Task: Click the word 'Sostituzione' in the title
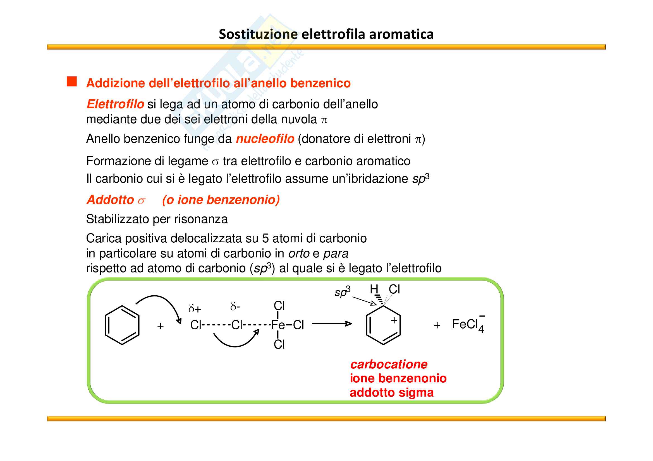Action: (258, 34)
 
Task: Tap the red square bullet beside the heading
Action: (72, 81)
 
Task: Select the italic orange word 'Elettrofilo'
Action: (116, 104)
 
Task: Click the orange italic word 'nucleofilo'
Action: (265, 139)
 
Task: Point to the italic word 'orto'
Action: (299, 253)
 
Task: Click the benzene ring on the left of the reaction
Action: (122, 325)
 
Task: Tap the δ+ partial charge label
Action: (195, 308)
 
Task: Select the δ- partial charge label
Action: (235, 306)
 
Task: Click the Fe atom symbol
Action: (278, 325)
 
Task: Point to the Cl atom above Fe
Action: (279, 306)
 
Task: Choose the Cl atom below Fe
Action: (279, 344)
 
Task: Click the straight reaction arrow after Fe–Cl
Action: (332, 324)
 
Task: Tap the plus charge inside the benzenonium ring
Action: (394, 320)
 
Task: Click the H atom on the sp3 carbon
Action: (374, 289)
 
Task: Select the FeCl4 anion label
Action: (468, 325)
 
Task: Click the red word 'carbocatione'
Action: (389, 365)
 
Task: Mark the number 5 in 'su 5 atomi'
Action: (265, 239)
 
